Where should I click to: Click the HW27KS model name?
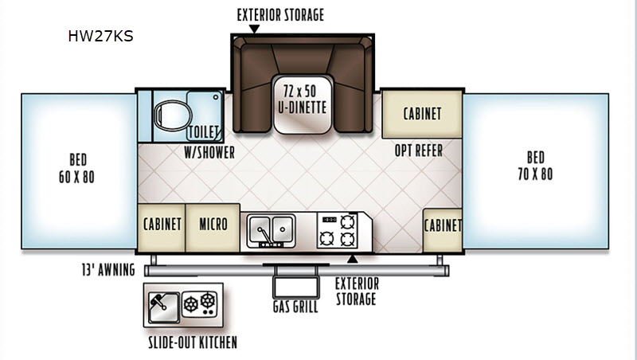(x=100, y=36)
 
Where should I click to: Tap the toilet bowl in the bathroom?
(x=173, y=115)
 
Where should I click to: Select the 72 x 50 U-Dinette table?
(x=303, y=104)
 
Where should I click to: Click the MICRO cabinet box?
(x=213, y=228)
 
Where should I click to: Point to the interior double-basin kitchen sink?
(x=271, y=230)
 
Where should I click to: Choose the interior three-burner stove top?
(x=337, y=230)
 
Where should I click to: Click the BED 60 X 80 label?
(x=76, y=168)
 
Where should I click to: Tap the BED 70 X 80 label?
(x=535, y=166)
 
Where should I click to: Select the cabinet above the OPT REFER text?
(x=422, y=114)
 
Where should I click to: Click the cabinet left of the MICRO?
(x=162, y=228)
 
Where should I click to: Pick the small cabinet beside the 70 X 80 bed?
(x=443, y=230)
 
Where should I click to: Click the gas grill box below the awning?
(x=295, y=287)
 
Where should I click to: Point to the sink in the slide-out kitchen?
(x=163, y=307)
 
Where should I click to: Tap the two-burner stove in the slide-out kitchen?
(x=199, y=304)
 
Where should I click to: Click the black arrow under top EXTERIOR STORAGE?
(x=254, y=29)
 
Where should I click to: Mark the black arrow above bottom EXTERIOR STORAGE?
(x=352, y=258)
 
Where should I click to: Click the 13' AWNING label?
(x=108, y=270)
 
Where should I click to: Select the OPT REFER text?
(x=419, y=151)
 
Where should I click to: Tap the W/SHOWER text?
(x=209, y=152)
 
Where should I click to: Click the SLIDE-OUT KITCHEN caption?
(x=193, y=342)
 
